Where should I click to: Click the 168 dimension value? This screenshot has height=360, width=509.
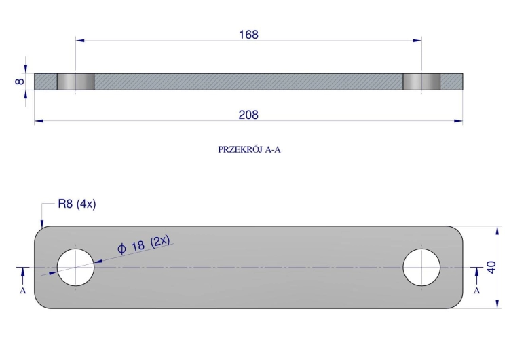(x=248, y=35)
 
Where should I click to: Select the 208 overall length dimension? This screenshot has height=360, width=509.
(x=248, y=115)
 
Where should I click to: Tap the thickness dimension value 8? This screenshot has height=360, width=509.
(x=20, y=82)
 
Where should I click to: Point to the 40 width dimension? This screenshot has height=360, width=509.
(x=491, y=267)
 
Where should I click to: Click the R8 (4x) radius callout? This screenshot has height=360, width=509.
(x=77, y=204)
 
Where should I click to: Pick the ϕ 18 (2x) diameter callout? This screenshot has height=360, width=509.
(x=143, y=245)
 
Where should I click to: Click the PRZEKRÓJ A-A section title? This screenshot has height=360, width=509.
(x=249, y=150)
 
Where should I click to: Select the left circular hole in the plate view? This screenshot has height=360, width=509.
(x=75, y=267)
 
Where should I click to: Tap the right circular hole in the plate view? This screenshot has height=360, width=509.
(x=421, y=267)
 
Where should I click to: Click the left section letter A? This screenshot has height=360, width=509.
(x=22, y=291)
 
